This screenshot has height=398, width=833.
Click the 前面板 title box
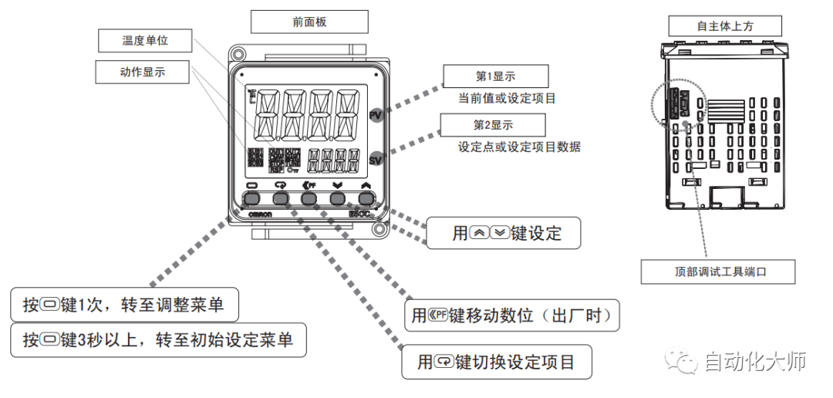[309, 22]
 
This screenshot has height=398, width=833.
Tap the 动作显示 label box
[143, 72]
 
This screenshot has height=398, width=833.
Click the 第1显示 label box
[495, 76]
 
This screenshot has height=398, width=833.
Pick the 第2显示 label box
[493, 125]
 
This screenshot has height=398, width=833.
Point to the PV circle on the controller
[376, 115]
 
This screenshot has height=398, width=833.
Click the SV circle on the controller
[376, 160]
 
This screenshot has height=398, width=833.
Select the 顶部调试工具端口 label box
[718, 272]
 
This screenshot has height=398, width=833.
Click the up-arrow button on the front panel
[365, 198]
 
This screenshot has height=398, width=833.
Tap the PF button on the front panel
[309, 198]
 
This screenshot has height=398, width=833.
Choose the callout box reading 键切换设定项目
[497, 362]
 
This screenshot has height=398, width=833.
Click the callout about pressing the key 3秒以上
[158, 339]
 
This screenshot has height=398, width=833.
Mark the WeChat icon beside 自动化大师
[683, 361]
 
